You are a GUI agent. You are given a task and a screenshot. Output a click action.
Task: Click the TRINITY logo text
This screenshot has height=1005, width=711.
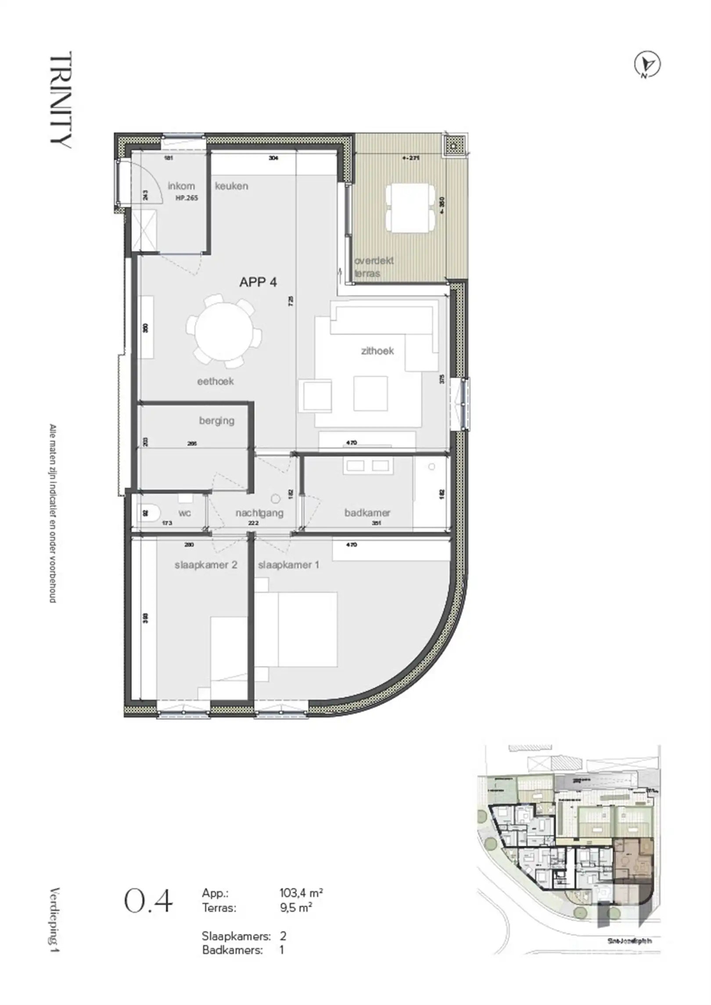click(x=61, y=100)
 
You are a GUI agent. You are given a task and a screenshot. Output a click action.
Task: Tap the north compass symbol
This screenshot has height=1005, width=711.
click(x=648, y=65)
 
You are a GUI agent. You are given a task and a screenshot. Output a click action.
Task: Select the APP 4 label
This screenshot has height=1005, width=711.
click(x=258, y=282)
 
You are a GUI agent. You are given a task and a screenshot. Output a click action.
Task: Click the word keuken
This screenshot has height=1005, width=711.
click(x=231, y=186)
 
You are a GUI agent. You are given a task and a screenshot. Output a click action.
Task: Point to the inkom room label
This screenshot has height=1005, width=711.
click(x=181, y=186)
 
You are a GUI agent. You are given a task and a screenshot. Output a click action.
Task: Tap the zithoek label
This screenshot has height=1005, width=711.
click(x=377, y=351)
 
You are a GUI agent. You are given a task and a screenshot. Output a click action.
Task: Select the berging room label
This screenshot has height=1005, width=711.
click(x=216, y=421)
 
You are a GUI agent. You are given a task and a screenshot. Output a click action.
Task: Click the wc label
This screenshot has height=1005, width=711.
click(x=184, y=513)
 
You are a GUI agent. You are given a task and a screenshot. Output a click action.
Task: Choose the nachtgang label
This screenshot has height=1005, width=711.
click(x=259, y=513)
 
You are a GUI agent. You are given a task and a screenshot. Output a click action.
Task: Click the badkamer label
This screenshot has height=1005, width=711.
click(x=367, y=513)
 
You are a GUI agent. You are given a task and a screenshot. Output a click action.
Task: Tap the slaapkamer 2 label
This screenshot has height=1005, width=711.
click(x=206, y=565)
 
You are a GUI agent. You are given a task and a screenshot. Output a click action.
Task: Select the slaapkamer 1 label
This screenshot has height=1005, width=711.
click(x=288, y=565)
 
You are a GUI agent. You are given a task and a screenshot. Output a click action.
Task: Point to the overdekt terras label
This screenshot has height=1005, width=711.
click(x=373, y=267)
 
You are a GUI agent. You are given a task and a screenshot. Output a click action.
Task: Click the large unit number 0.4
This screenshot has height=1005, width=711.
click(x=148, y=901)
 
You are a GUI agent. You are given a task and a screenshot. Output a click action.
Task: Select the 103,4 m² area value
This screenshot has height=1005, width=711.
click(x=302, y=893)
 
